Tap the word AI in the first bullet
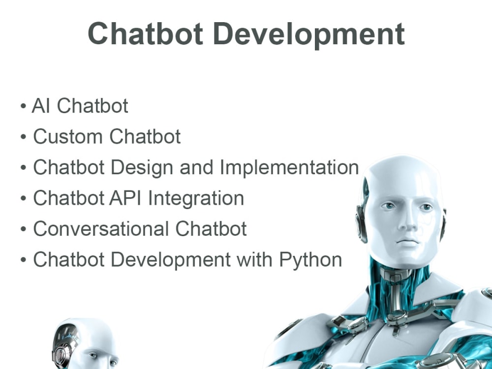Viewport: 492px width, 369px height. click(41, 106)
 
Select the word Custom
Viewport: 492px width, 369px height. click(67, 136)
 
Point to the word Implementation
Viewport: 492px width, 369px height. click(289, 167)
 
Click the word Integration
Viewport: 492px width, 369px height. click(196, 198)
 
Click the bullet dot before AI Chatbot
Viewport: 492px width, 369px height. click(24, 107)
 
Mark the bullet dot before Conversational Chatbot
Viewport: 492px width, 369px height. click(24, 230)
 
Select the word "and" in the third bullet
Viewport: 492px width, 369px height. click(197, 167)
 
